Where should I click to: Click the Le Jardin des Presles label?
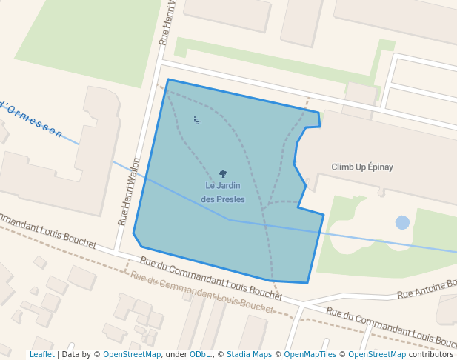pyautogui.click(x=223, y=192)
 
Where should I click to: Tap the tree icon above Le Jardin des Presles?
pyautogui.click(x=223, y=174)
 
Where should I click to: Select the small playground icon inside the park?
pyautogui.click(x=196, y=120)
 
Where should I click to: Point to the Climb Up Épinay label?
pyautogui.click(x=362, y=167)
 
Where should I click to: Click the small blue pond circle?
pyautogui.click(x=402, y=222)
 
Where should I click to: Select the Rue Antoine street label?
pyautogui.click(x=427, y=289)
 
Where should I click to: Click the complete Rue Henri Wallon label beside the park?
pyautogui.click(x=129, y=191)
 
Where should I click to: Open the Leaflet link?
pyautogui.click(x=41, y=355)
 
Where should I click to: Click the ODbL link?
pyautogui.click(x=200, y=355)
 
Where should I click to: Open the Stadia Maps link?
pyautogui.click(x=250, y=355)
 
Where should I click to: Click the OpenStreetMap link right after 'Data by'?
pyautogui.click(x=132, y=355)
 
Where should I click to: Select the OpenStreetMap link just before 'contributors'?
pyautogui.click(x=377, y=355)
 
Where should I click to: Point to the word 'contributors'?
pyautogui.click(x=431, y=355)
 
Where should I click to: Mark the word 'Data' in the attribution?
pyautogui.click(x=71, y=355)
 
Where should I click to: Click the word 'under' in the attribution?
pyautogui.click(x=176, y=355)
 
